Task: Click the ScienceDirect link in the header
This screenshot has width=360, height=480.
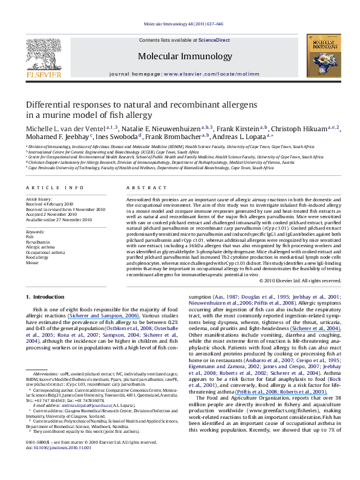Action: [210, 39]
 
